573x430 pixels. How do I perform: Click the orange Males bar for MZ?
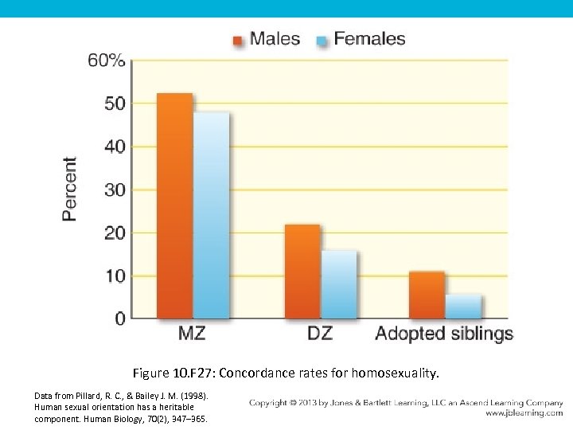[x=174, y=206]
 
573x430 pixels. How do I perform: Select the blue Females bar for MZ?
[x=211, y=216]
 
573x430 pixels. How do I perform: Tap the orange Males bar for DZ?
[x=302, y=272]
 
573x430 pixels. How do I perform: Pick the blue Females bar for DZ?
[x=339, y=285]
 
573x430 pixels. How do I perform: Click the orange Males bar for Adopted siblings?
[x=427, y=295]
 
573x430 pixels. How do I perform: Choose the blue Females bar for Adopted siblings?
[x=463, y=307]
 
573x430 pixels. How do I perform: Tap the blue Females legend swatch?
[x=322, y=39]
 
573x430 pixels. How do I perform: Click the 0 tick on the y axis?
[x=119, y=319]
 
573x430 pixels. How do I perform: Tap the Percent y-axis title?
[x=71, y=188]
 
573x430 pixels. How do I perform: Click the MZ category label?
[x=192, y=334]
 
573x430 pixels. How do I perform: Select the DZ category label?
[x=320, y=334]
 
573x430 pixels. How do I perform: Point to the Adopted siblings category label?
[x=444, y=334]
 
